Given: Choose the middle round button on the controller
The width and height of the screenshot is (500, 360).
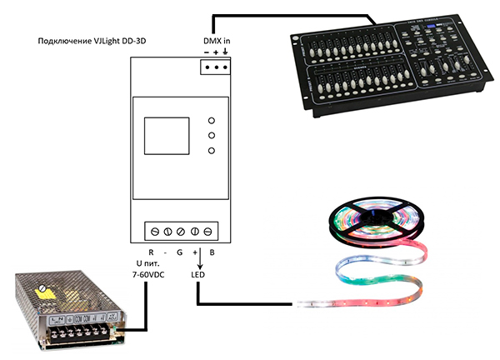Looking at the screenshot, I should click(212, 135).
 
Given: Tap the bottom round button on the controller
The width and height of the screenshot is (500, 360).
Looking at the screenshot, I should click(212, 150).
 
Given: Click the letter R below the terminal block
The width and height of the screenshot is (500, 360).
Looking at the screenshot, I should click(151, 252).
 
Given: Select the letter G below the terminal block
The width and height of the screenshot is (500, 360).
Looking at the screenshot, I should click(179, 252).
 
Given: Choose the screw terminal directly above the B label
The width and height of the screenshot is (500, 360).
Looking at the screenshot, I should click(208, 231).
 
